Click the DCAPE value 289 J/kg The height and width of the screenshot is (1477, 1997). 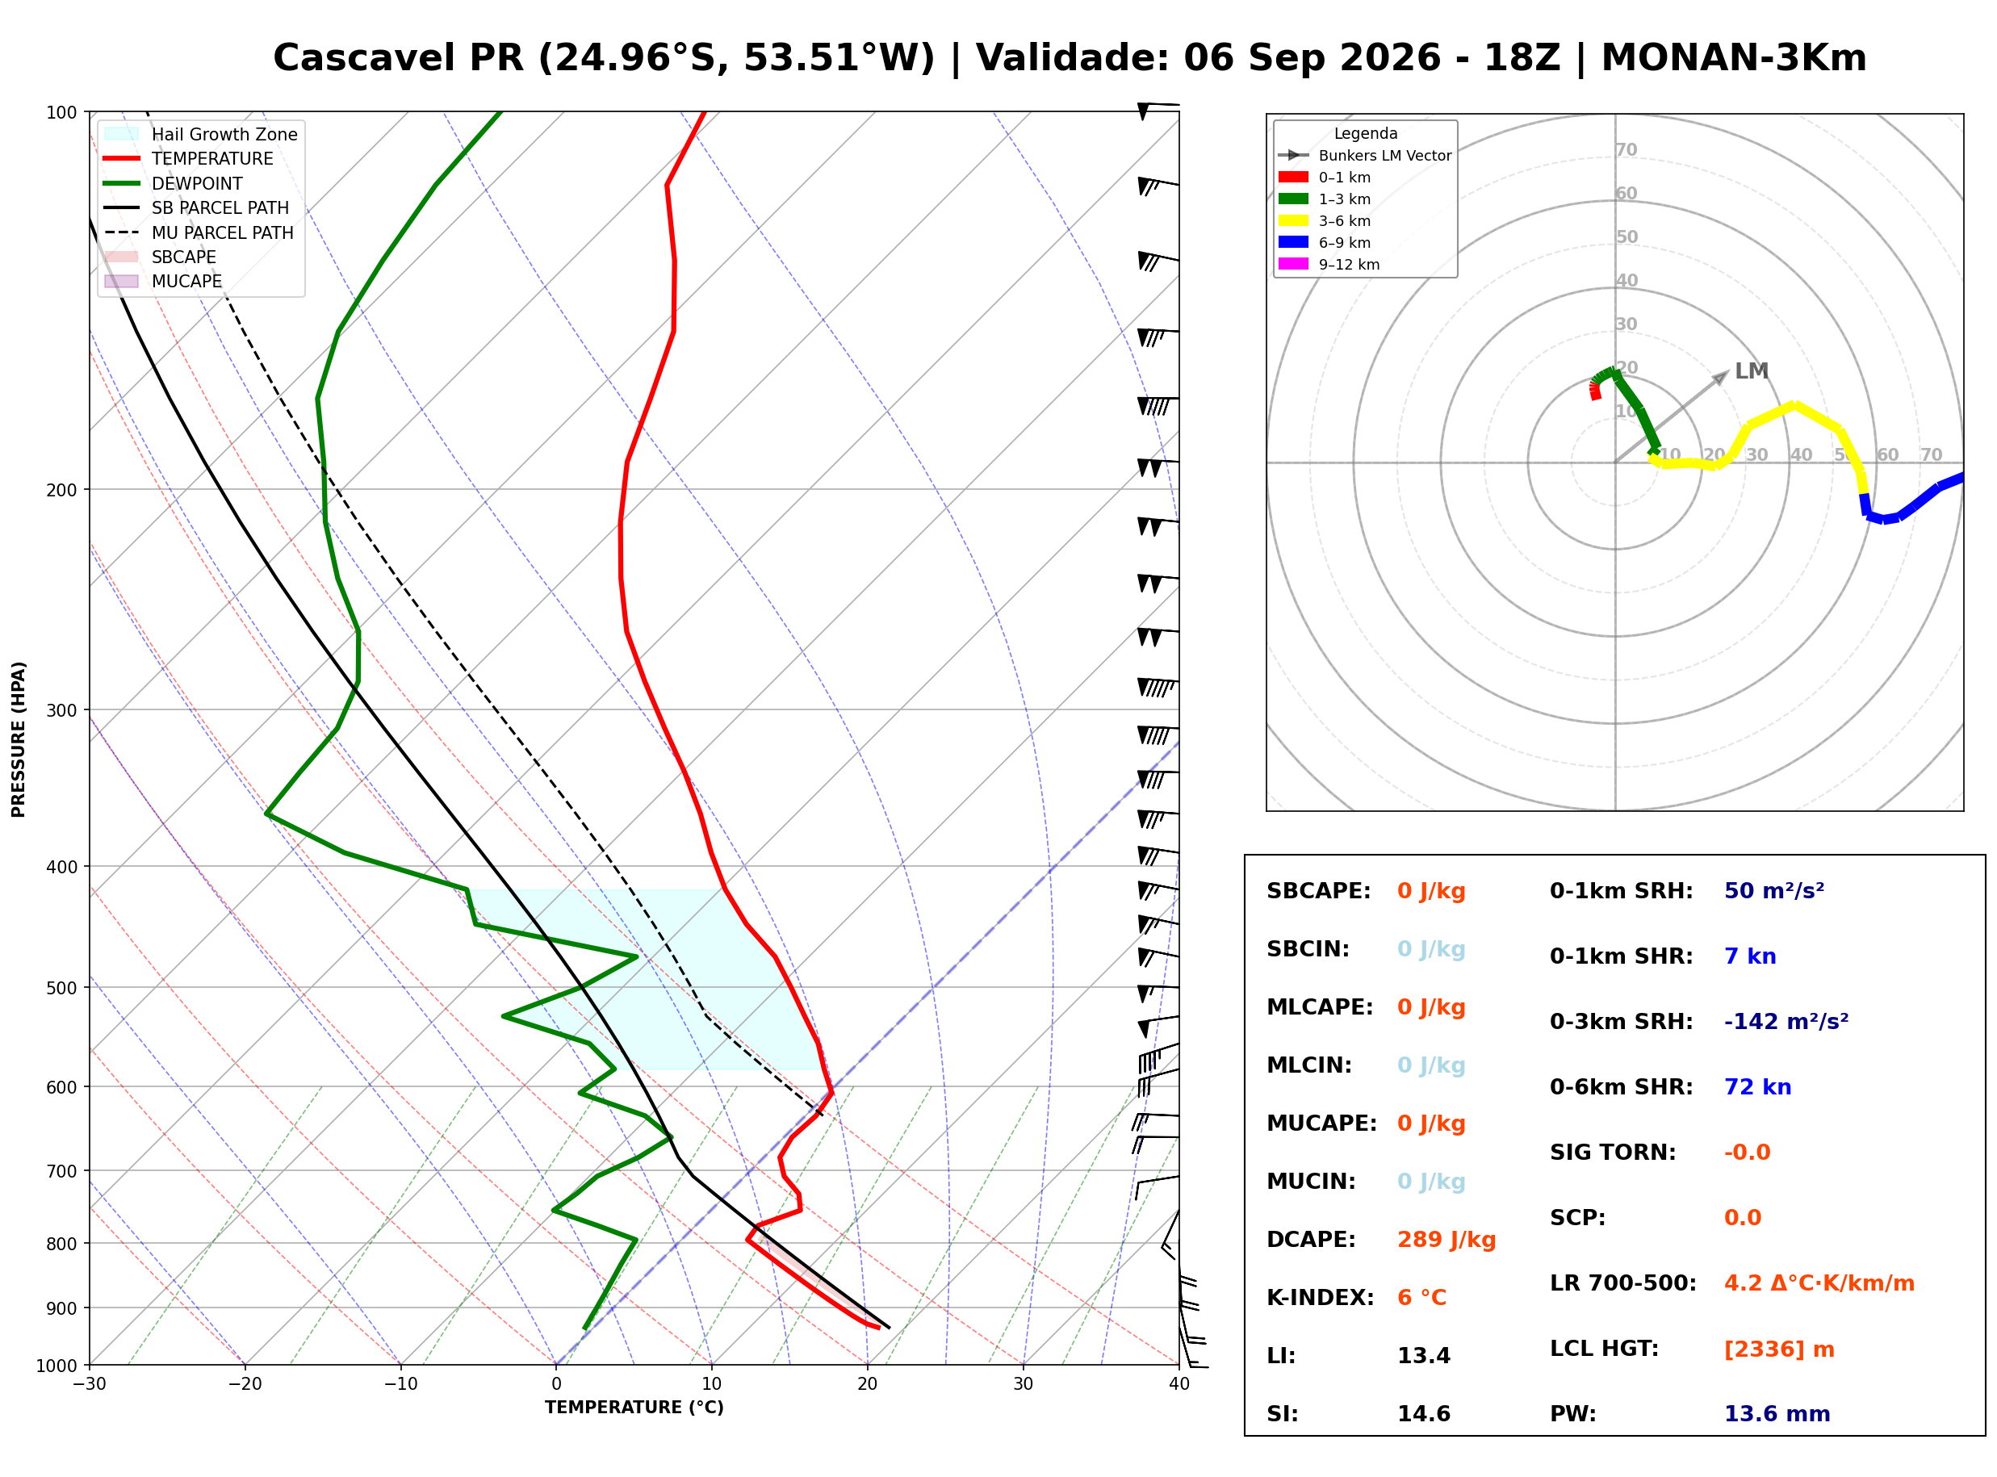coord(1446,1239)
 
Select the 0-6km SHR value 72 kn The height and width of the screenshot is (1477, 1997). coord(1756,1086)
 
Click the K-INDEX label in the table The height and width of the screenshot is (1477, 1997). coord(1320,1297)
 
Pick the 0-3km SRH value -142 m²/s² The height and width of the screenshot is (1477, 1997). coord(1786,1020)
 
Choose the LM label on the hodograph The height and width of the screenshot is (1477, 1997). coord(1750,371)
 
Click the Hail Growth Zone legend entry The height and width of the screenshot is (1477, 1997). coord(200,134)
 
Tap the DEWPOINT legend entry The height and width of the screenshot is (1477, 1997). coord(174,183)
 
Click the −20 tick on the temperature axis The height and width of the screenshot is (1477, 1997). coord(245,1384)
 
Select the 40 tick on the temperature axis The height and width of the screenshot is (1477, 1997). coord(1179,1384)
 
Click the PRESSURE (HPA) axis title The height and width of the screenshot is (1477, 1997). coord(19,738)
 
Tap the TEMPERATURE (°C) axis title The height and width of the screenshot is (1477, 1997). coord(634,1408)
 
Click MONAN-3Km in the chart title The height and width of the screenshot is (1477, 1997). coord(1733,57)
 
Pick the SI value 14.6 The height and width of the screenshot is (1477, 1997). coord(1423,1413)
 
